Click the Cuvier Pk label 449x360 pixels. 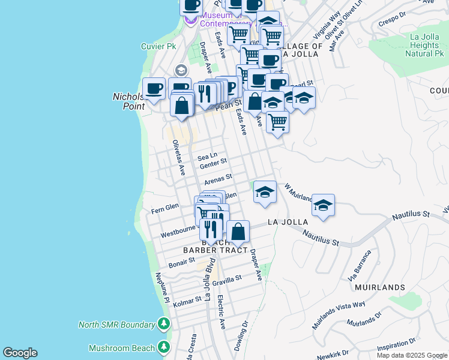tap(158, 46)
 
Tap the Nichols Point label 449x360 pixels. tap(128, 101)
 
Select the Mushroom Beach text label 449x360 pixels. tap(122, 348)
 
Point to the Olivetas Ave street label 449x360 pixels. tap(178, 158)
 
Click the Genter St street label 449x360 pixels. tap(212, 162)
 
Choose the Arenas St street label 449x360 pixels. tap(218, 179)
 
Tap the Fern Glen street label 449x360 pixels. tap(164, 208)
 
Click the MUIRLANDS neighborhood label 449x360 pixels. tap(379, 287)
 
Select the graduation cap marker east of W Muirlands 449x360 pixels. tap(323, 206)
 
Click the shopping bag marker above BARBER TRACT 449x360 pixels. tap(238, 231)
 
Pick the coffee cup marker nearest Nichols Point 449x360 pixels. tap(154, 89)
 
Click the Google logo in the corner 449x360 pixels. tap(20, 353)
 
